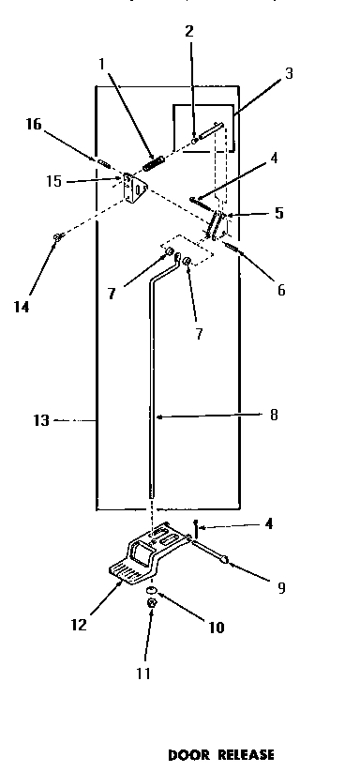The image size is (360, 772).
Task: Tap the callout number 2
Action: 189,31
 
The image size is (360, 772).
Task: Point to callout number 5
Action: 279,213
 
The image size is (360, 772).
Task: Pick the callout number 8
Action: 275,414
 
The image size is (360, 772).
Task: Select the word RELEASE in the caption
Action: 247,754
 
